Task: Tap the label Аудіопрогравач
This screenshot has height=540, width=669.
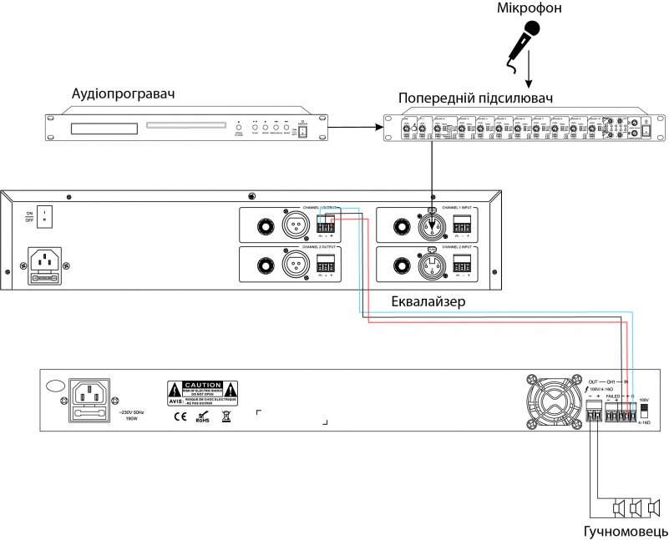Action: pyautogui.click(x=124, y=93)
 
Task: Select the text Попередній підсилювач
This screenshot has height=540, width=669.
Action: pyautogui.click(x=476, y=98)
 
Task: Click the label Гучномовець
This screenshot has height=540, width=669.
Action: pyautogui.click(x=626, y=531)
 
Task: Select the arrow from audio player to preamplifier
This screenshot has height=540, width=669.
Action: pyautogui.click(x=357, y=128)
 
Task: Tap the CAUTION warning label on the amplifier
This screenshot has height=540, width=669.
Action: pyautogui.click(x=202, y=389)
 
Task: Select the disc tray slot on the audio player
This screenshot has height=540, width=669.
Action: pyautogui.click(x=185, y=127)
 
